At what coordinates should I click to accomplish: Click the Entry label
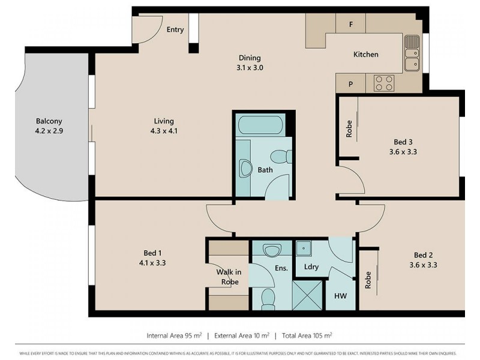[x=175, y=29]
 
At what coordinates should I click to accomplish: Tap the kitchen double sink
[x=412, y=53]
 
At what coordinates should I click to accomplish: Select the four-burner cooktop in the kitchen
[x=383, y=83]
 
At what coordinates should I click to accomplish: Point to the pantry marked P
[x=351, y=83]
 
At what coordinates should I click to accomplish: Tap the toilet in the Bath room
[x=279, y=157]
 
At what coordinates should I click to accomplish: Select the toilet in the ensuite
[x=268, y=296]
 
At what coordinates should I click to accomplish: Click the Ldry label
[x=311, y=267]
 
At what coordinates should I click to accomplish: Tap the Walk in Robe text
[x=228, y=277]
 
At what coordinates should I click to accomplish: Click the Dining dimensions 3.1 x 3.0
[x=250, y=68]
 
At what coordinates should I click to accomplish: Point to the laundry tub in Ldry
[x=302, y=248]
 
